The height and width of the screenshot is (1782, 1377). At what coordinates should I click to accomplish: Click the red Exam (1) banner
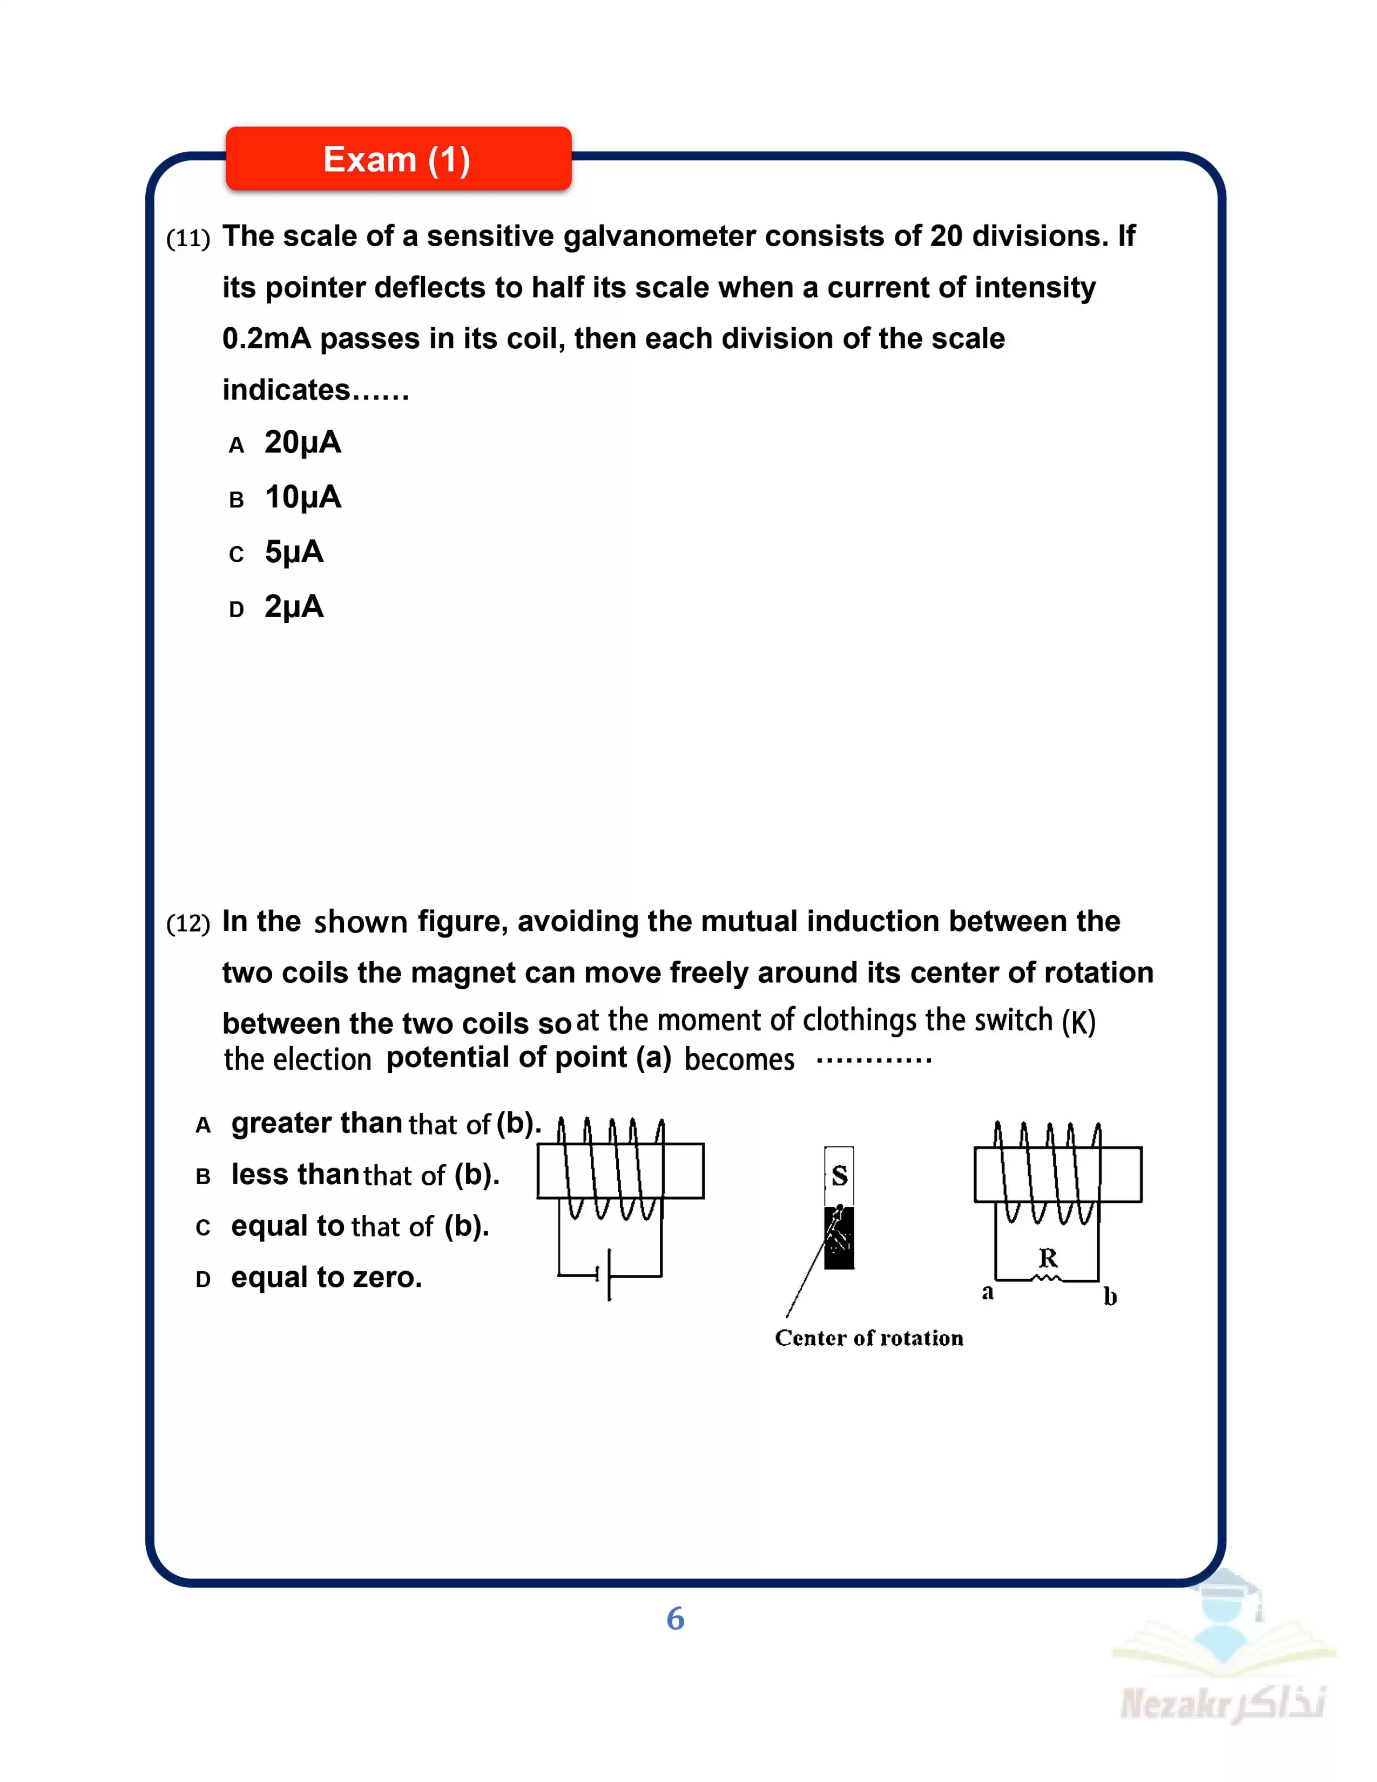398,159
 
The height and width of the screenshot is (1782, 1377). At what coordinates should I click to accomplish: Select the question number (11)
187,238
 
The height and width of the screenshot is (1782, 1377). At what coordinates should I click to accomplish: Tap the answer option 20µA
302,442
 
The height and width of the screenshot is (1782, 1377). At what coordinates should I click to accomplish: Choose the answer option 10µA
302,497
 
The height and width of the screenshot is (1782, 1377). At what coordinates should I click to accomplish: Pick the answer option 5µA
294,551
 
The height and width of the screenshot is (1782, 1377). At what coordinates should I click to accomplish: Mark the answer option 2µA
294,606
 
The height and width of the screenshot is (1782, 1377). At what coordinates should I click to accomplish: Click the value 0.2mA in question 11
266,339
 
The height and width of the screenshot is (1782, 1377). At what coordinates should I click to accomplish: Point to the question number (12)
187,923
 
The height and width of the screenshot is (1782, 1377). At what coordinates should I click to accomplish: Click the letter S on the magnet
839,1176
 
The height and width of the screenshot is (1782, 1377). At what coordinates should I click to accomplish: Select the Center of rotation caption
869,1338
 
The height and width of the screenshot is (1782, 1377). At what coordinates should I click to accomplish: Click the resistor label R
1048,1257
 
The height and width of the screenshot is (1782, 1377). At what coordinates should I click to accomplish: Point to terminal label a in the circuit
988,1292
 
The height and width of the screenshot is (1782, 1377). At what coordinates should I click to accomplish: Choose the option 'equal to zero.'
326,1277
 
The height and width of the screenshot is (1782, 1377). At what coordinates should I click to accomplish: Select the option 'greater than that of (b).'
385,1124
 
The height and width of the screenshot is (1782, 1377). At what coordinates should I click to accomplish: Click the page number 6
676,1619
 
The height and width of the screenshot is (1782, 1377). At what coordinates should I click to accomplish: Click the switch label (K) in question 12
1078,1022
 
